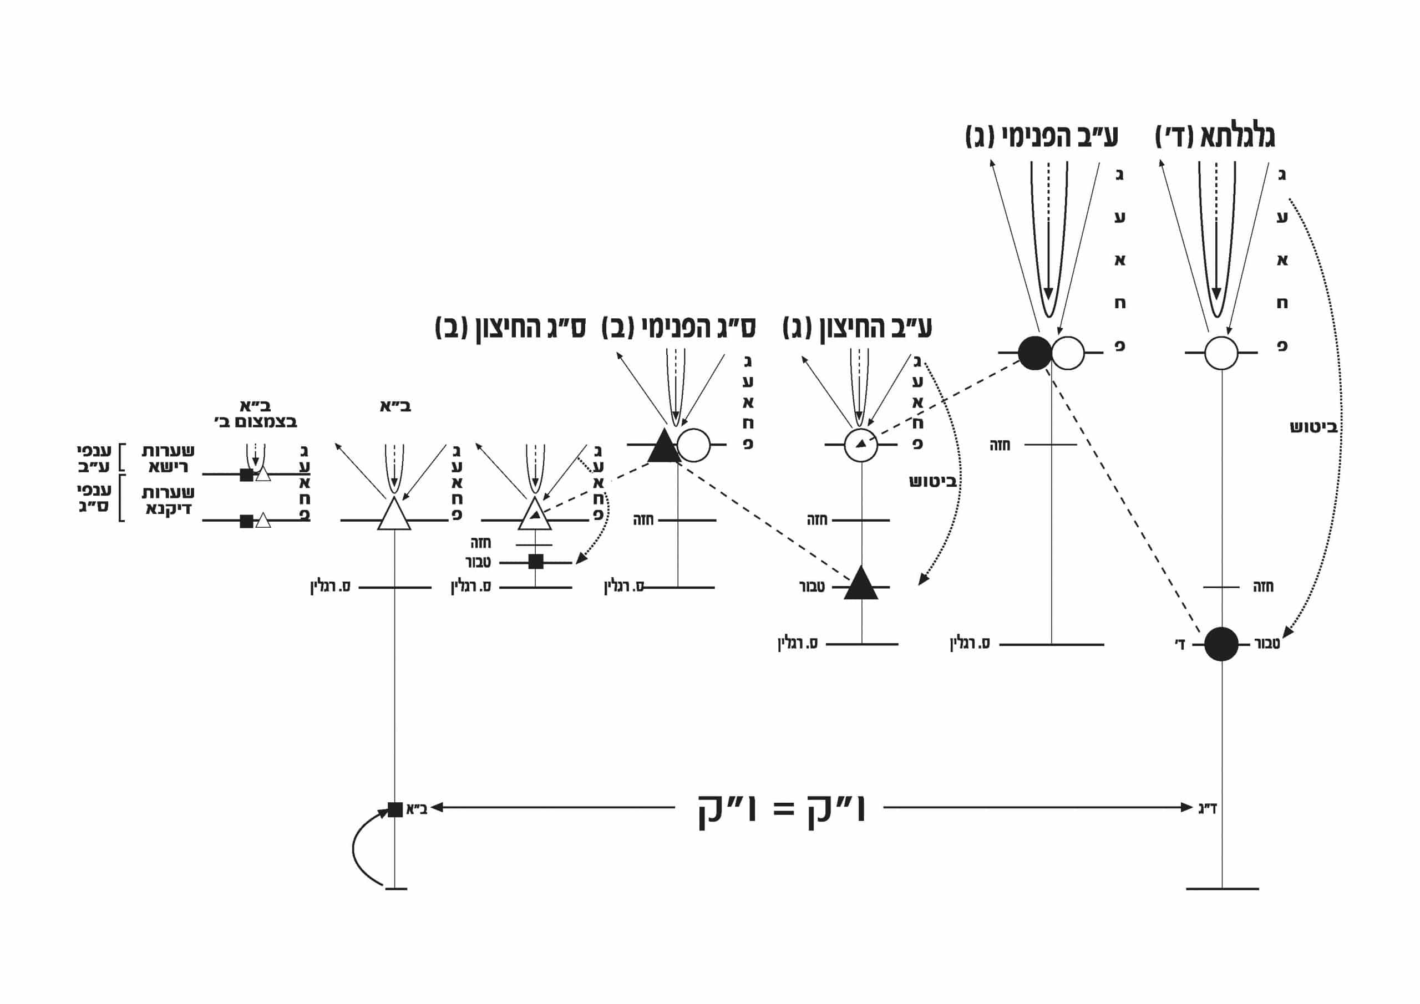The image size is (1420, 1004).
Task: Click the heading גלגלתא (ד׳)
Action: point(1215,136)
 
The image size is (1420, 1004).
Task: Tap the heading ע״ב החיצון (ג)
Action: point(856,328)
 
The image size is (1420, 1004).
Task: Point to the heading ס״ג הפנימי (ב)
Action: point(678,328)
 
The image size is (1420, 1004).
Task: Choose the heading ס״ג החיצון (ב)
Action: point(510,328)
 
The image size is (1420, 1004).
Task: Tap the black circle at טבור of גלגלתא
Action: point(1221,644)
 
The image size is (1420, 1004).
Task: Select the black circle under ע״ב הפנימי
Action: point(1034,353)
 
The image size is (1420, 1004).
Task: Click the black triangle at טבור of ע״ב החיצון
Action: point(860,584)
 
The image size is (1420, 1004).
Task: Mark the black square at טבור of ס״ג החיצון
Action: point(536,562)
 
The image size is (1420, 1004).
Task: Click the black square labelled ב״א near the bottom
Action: point(394,809)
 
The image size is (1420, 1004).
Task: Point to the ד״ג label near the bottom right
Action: point(1207,808)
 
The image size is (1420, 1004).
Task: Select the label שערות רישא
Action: point(168,458)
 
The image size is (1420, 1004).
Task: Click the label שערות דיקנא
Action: point(168,501)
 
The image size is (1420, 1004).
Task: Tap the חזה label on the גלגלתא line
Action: point(1263,587)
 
